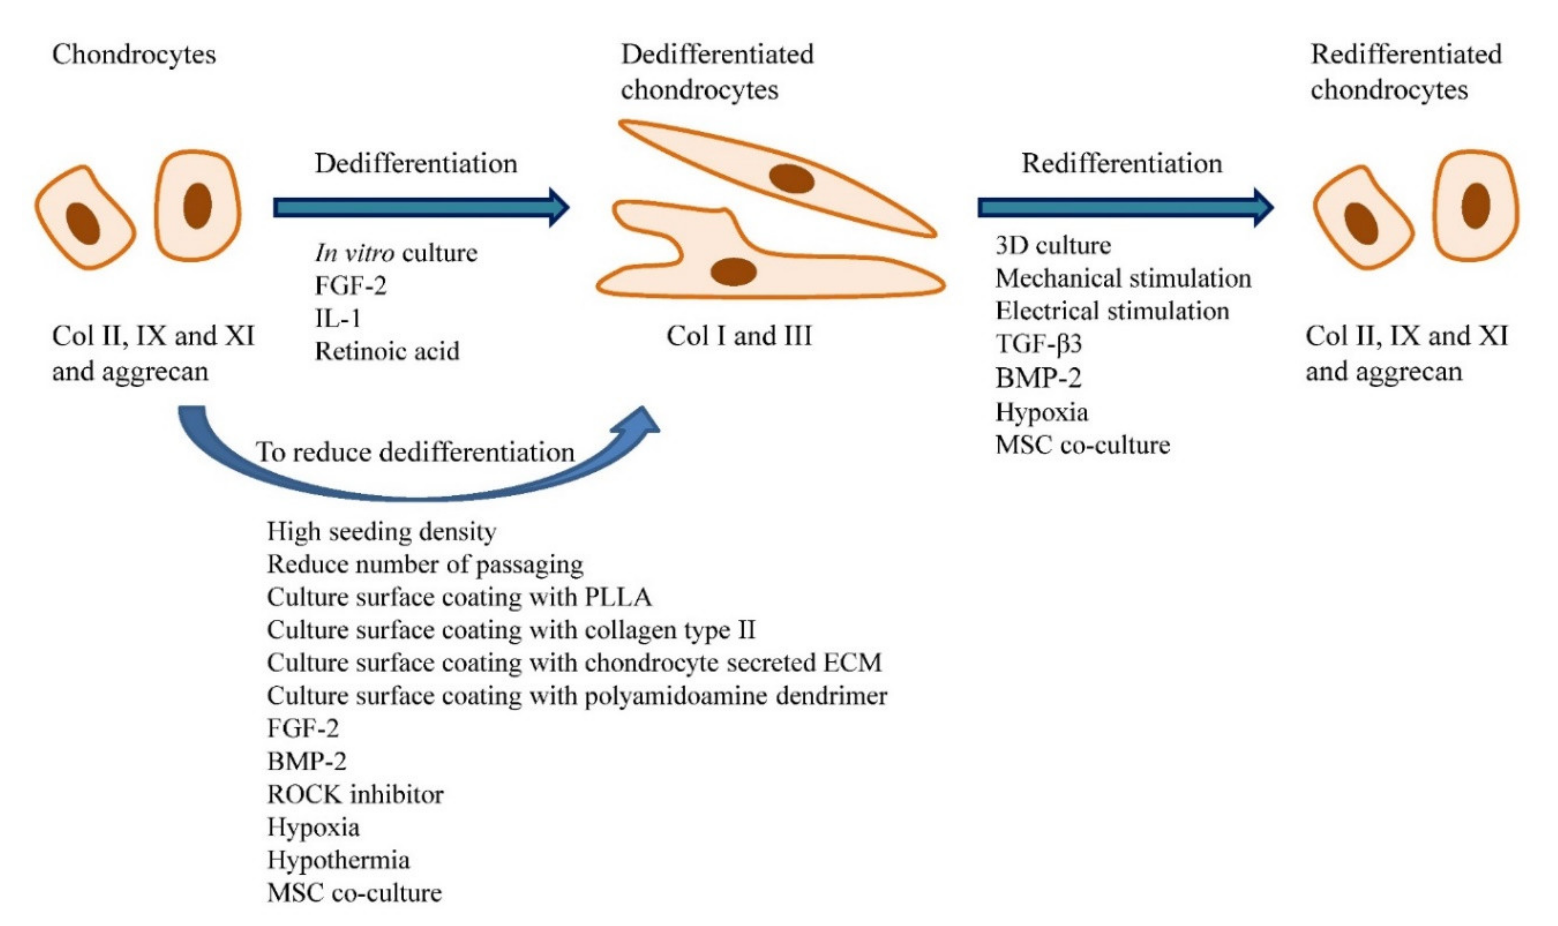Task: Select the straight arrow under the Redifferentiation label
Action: pos(1125,207)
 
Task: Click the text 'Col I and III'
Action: pos(739,336)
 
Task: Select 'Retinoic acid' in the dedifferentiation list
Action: pos(387,351)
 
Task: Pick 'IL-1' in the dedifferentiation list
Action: pos(338,318)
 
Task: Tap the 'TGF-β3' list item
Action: pos(1039,344)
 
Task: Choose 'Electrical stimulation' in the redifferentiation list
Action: pos(1112,311)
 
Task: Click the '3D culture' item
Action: pos(1053,245)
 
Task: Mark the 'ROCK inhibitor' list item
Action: pos(355,794)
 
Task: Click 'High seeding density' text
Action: pos(382,531)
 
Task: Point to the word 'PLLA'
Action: pos(618,597)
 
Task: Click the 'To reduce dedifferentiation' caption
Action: pos(415,452)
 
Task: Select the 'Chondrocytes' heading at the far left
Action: pos(134,55)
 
